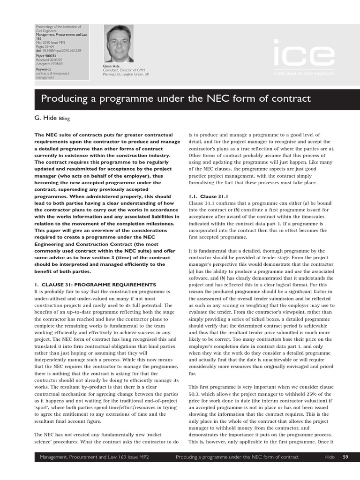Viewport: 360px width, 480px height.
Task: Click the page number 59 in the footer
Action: [345, 457]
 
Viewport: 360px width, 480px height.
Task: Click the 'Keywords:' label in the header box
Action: [44, 69]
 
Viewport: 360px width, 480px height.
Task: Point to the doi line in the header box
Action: [58, 51]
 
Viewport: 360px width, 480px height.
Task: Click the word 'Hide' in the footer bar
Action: [329, 457]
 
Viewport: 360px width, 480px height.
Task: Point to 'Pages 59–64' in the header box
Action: [45, 47]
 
